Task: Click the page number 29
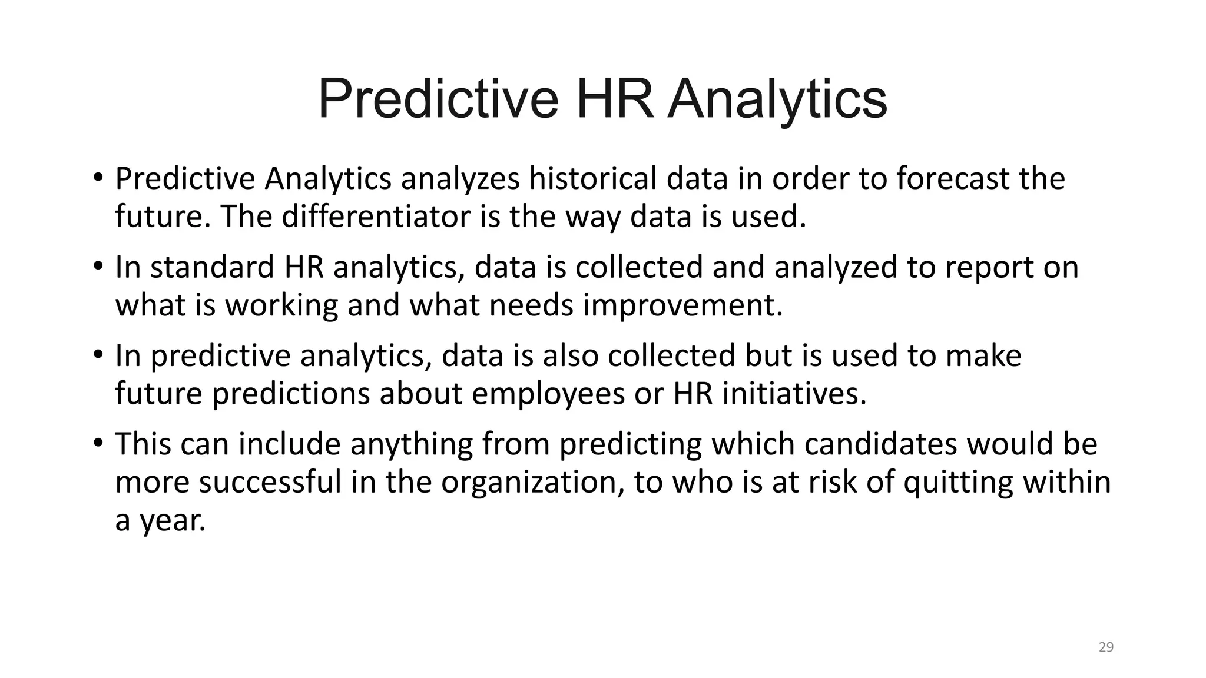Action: point(1106,647)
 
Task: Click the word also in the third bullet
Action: point(570,355)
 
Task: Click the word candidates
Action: point(880,444)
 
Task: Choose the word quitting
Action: point(957,482)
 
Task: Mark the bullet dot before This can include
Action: point(98,443)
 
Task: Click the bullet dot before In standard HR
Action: point(98,266)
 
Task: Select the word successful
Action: point(270,482)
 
